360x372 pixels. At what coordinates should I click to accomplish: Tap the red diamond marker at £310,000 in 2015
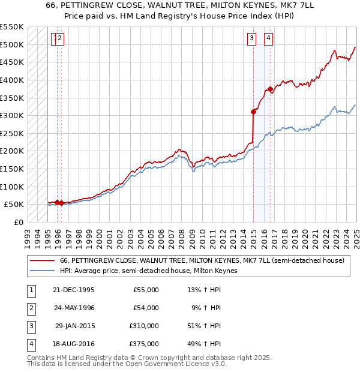tap(254, 111)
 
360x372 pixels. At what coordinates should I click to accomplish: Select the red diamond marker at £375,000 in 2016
tap(271, 89)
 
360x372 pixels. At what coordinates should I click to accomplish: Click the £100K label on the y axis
tap(13, 187)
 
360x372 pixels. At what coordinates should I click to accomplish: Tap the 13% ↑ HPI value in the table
tap(205, 290)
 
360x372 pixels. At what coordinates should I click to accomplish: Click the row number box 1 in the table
tap(29, 290)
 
